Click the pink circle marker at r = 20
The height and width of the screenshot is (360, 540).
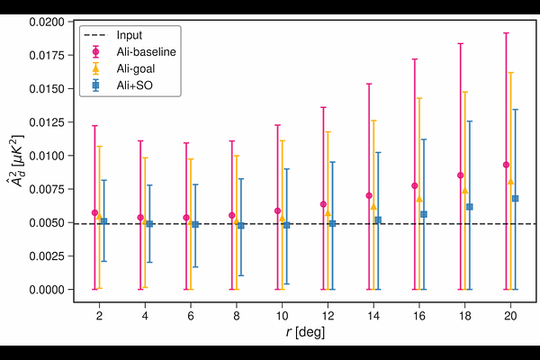[506, 165]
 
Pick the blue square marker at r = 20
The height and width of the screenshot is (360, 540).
[515, 198]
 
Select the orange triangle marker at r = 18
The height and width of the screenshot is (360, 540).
[464, 191]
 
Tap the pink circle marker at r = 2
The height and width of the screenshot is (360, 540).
[94, 212]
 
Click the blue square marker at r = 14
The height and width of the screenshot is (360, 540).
[378, 220]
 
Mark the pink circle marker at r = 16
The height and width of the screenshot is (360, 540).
[414, 185]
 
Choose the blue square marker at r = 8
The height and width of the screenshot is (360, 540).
[240, 225]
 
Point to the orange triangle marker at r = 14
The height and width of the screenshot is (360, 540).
[373, 206]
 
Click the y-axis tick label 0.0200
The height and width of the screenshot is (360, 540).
[46, 22]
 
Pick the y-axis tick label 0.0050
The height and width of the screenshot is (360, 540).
[46, 222]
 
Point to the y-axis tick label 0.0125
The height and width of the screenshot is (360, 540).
[46, 122]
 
